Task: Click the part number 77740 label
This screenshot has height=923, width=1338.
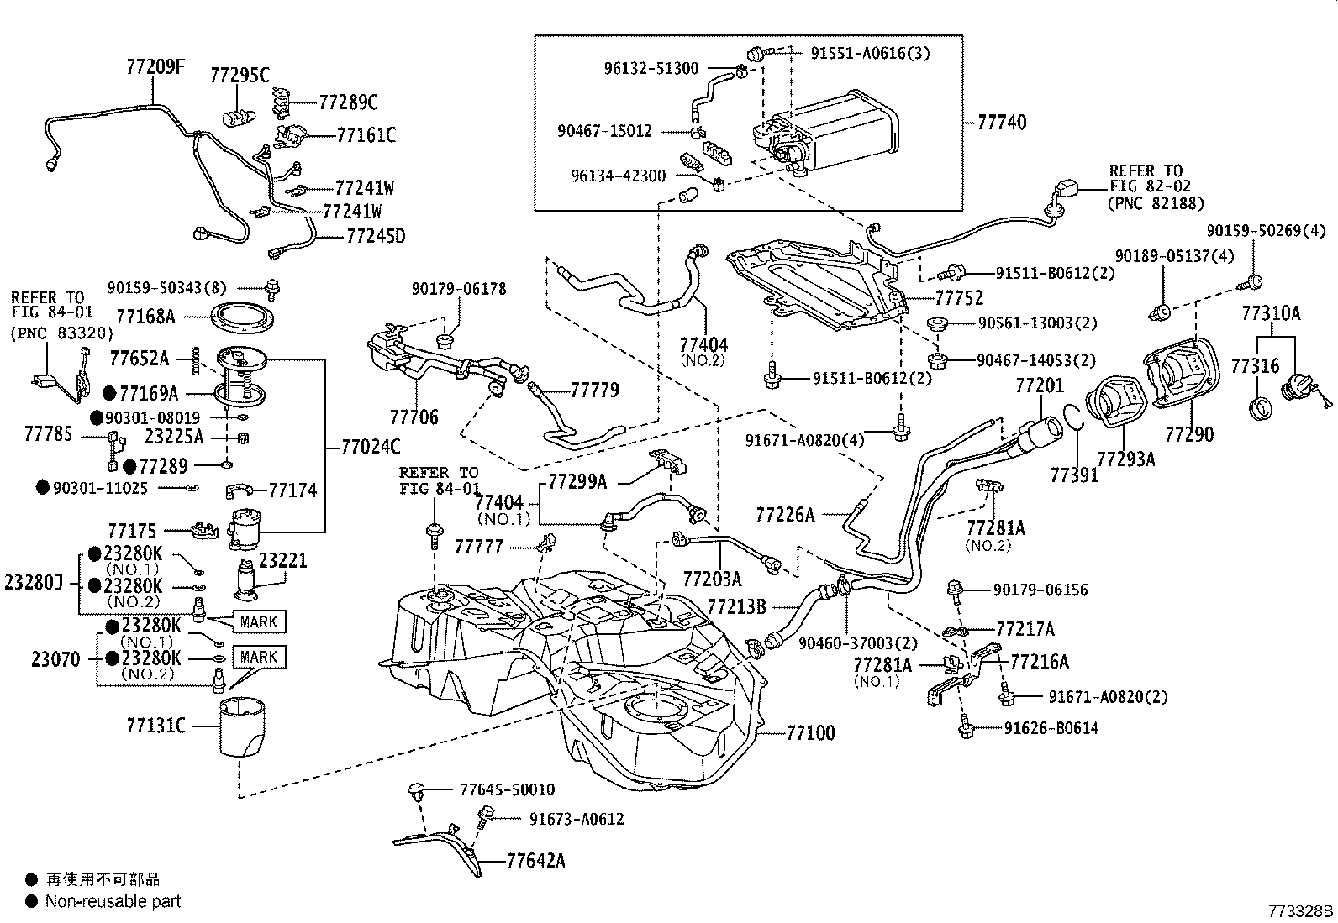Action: [x=1001, y=123]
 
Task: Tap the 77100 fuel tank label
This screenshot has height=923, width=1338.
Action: [x=810, y=733]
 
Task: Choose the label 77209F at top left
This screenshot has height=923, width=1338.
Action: [x=155, y=66]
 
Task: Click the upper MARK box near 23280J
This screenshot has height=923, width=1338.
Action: [x=258, y=622]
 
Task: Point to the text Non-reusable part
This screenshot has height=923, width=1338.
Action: [x=113, y=902]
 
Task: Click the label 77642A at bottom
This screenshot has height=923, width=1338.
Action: [x=535, y=860]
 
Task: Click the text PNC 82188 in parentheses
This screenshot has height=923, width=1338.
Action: [x=1155, y=203]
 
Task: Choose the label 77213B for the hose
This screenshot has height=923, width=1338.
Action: [x=736, y=606]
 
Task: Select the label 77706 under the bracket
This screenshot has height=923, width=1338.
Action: [x=414, y=417]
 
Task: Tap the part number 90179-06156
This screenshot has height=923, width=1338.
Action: [x=1040, y=590]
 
